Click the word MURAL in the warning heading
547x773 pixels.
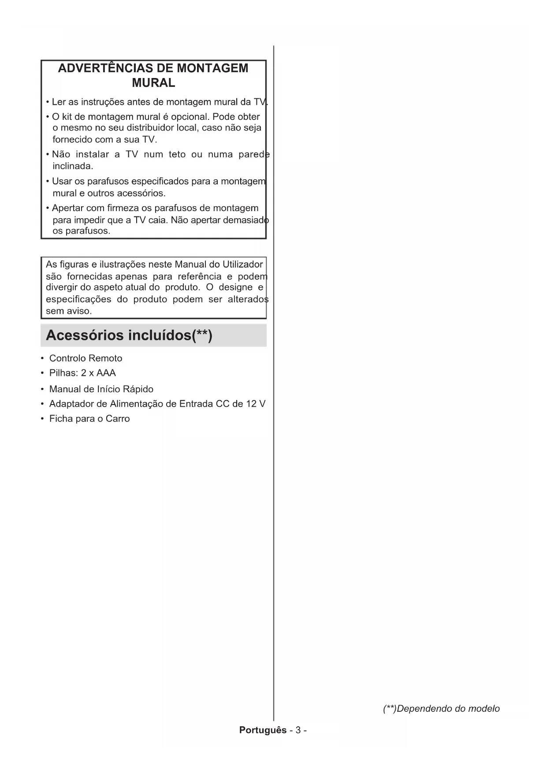153,83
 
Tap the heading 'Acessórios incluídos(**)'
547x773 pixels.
129,335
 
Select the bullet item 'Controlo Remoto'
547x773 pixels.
86,358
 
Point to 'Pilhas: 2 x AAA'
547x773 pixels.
82,373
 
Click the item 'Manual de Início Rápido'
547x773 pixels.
101,389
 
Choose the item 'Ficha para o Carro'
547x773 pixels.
89,419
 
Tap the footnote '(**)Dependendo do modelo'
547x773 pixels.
441,709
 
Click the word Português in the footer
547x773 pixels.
263,730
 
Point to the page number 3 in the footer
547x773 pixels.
298,730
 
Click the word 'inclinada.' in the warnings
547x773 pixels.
73,167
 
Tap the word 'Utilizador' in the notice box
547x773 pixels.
242,264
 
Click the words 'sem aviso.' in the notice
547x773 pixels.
69,311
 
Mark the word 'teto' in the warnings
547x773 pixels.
177,155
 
